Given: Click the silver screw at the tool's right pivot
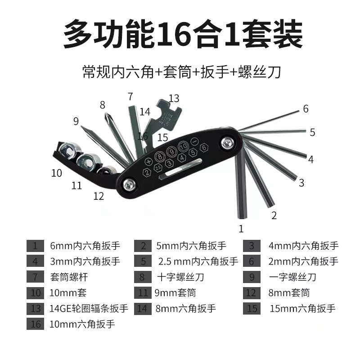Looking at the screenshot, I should [x=227, y=144].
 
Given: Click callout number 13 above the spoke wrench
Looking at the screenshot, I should [x=174, y=98].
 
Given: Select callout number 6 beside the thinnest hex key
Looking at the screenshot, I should [x=306, y=108].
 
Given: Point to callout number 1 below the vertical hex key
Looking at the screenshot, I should [x=241, y=229].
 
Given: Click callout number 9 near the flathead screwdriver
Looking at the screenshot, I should [x=76, y=121].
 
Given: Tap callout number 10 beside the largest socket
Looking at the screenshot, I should [x=56, y=173].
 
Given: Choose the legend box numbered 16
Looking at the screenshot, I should [x=35, y=324].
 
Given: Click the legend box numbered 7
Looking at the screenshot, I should [x=35, y=277].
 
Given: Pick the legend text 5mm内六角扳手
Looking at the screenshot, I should [x=191, y=246].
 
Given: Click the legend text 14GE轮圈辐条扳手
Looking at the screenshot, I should [x=89, y=309].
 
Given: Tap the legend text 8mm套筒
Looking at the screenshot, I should [x=289, y=293].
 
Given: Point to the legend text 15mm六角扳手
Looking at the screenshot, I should [x=303, y=309].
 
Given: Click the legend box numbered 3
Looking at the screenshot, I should [x=252, y=246].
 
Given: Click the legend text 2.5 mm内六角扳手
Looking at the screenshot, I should [x=198, y=261].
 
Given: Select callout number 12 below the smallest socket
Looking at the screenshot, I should [x=99, y=196].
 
